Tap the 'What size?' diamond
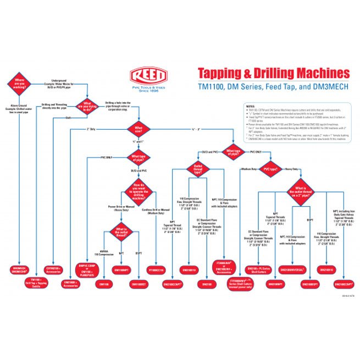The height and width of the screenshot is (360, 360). coord(139,130)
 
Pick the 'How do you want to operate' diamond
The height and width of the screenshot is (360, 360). coord(139,189)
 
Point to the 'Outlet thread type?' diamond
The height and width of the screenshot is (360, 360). coord(197,169)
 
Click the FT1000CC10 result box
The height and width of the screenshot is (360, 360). coord(157,270)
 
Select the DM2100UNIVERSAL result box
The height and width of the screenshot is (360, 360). coord(293,270)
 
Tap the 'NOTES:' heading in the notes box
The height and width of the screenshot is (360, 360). coord(251,106)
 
